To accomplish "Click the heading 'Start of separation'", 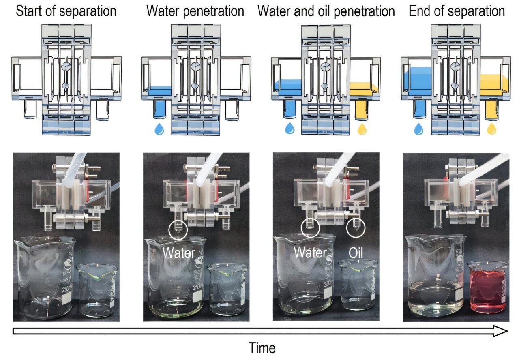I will tap(66, 11).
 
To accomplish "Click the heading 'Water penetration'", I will tap(195, 11).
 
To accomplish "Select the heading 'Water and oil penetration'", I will tap(326, 11).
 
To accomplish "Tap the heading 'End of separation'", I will tap(457, 11).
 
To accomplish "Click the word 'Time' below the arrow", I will tap(262, 348).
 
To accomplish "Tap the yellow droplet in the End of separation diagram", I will tap(491, 129).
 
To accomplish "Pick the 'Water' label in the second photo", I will tap(179, 253).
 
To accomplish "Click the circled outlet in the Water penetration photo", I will tap(178, 229).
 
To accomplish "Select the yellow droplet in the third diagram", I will tap(362, 129).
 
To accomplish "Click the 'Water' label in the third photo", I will tap(310, 253).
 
